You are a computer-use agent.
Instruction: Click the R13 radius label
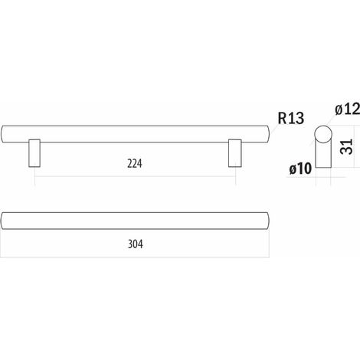coord(291,118)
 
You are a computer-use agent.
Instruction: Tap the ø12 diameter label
coord(348,110)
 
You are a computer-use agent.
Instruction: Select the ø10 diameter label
coord(300,169)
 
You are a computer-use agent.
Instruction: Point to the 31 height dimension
coord(346,146)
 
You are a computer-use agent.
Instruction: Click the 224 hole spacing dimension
coord(135,164)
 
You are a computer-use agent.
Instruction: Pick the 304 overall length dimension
coord(136,244)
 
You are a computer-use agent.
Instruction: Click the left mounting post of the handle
coord(34,153)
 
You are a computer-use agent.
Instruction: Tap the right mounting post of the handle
coord(235,153)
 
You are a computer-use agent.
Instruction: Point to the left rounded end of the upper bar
coord(2,134)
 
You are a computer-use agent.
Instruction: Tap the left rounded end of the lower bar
coord(2,221)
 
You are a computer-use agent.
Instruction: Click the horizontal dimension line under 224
coord(135,176)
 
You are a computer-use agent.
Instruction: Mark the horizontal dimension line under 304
coord(135,257)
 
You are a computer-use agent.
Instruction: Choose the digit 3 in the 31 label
coord(346,151)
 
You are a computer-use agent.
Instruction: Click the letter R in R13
coord(282,118)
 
